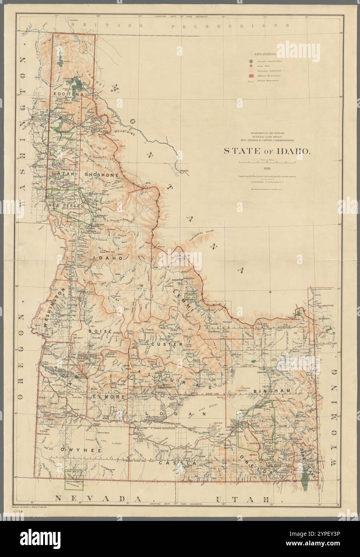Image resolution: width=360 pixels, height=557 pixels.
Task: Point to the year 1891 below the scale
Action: (x=267, y=170)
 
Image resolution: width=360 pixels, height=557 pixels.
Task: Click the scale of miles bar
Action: (x=267, y=162)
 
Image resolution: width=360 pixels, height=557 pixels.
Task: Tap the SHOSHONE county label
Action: (x=101, y=175)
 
